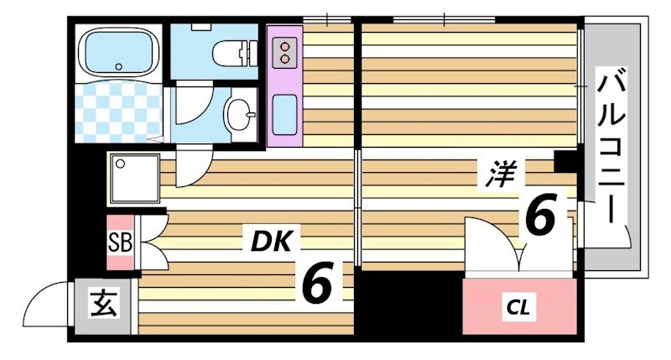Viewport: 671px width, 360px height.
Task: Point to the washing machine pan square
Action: point(132,179)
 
